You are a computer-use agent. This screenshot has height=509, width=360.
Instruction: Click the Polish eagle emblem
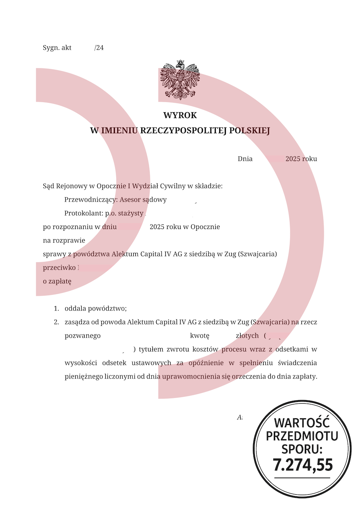tap(180, 80)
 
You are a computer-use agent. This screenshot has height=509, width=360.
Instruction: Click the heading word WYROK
tap(180, 115)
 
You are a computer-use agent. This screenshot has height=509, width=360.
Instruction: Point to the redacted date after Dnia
tap(269, 159)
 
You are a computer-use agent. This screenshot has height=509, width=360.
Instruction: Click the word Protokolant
tap(83, 214)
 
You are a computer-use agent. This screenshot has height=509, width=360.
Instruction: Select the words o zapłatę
tap(57, 282)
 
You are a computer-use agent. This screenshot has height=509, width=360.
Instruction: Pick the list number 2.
tap(56, 322)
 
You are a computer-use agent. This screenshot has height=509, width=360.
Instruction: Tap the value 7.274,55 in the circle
tap(303, 465)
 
